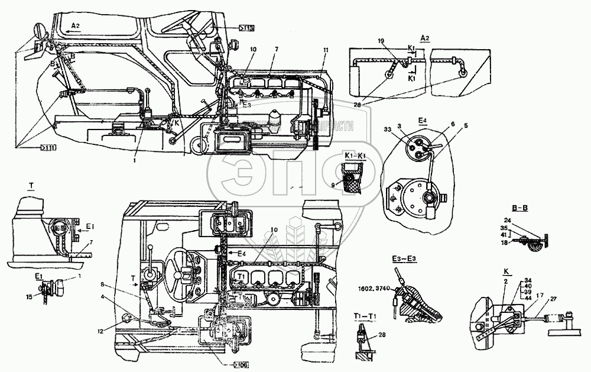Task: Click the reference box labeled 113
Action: point(247,28)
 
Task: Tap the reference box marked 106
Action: point(241,364)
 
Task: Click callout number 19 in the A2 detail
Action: point(382,40)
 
